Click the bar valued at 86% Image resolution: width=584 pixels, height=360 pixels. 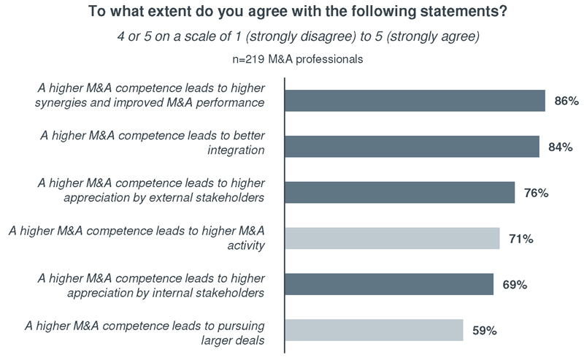415,101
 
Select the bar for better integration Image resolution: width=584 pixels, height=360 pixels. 412,147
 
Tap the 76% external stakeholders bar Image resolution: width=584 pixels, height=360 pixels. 399,193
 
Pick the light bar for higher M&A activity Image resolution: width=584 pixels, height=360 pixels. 392,238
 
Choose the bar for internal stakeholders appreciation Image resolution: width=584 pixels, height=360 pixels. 388,284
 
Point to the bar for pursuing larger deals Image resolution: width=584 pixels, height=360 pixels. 374,330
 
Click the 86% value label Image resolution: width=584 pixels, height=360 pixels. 566,102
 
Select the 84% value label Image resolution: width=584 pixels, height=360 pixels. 560,148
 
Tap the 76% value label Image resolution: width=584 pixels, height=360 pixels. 536,194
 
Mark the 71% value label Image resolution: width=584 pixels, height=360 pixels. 520,239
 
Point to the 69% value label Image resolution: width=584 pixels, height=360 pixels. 514,285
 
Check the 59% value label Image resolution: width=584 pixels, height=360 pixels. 484,331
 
